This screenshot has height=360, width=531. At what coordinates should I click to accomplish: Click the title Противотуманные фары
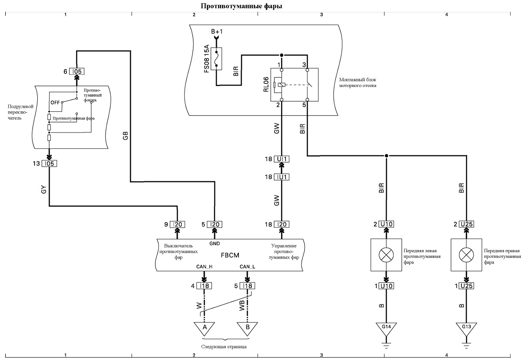(241, 6)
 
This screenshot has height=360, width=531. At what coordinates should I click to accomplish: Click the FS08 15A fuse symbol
(216, 59)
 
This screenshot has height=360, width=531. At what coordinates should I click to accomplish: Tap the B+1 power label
(217, 31)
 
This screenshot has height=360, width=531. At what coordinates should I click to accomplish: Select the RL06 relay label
(266, 84)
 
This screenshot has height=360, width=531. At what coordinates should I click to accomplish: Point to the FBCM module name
(230, 255)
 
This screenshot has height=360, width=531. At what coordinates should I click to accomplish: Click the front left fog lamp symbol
(386, 255)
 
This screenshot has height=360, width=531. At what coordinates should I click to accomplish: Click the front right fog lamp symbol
(466, 255)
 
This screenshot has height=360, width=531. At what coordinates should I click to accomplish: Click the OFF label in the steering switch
(55, 103)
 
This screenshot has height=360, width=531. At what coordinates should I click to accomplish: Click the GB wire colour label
(126, 136)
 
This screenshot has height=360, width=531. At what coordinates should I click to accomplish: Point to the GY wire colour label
(44, 190)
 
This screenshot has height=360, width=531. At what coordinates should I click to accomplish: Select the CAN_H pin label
(204, 267)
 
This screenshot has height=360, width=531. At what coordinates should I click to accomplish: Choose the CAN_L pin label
(247, 267)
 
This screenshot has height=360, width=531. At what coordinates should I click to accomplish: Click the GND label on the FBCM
(215, 243)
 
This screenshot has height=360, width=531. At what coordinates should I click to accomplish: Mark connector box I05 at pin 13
(49, 163)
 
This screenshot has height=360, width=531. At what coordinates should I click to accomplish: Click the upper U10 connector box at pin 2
(386, 224)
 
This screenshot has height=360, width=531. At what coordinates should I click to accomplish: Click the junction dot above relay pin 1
(282, 55)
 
